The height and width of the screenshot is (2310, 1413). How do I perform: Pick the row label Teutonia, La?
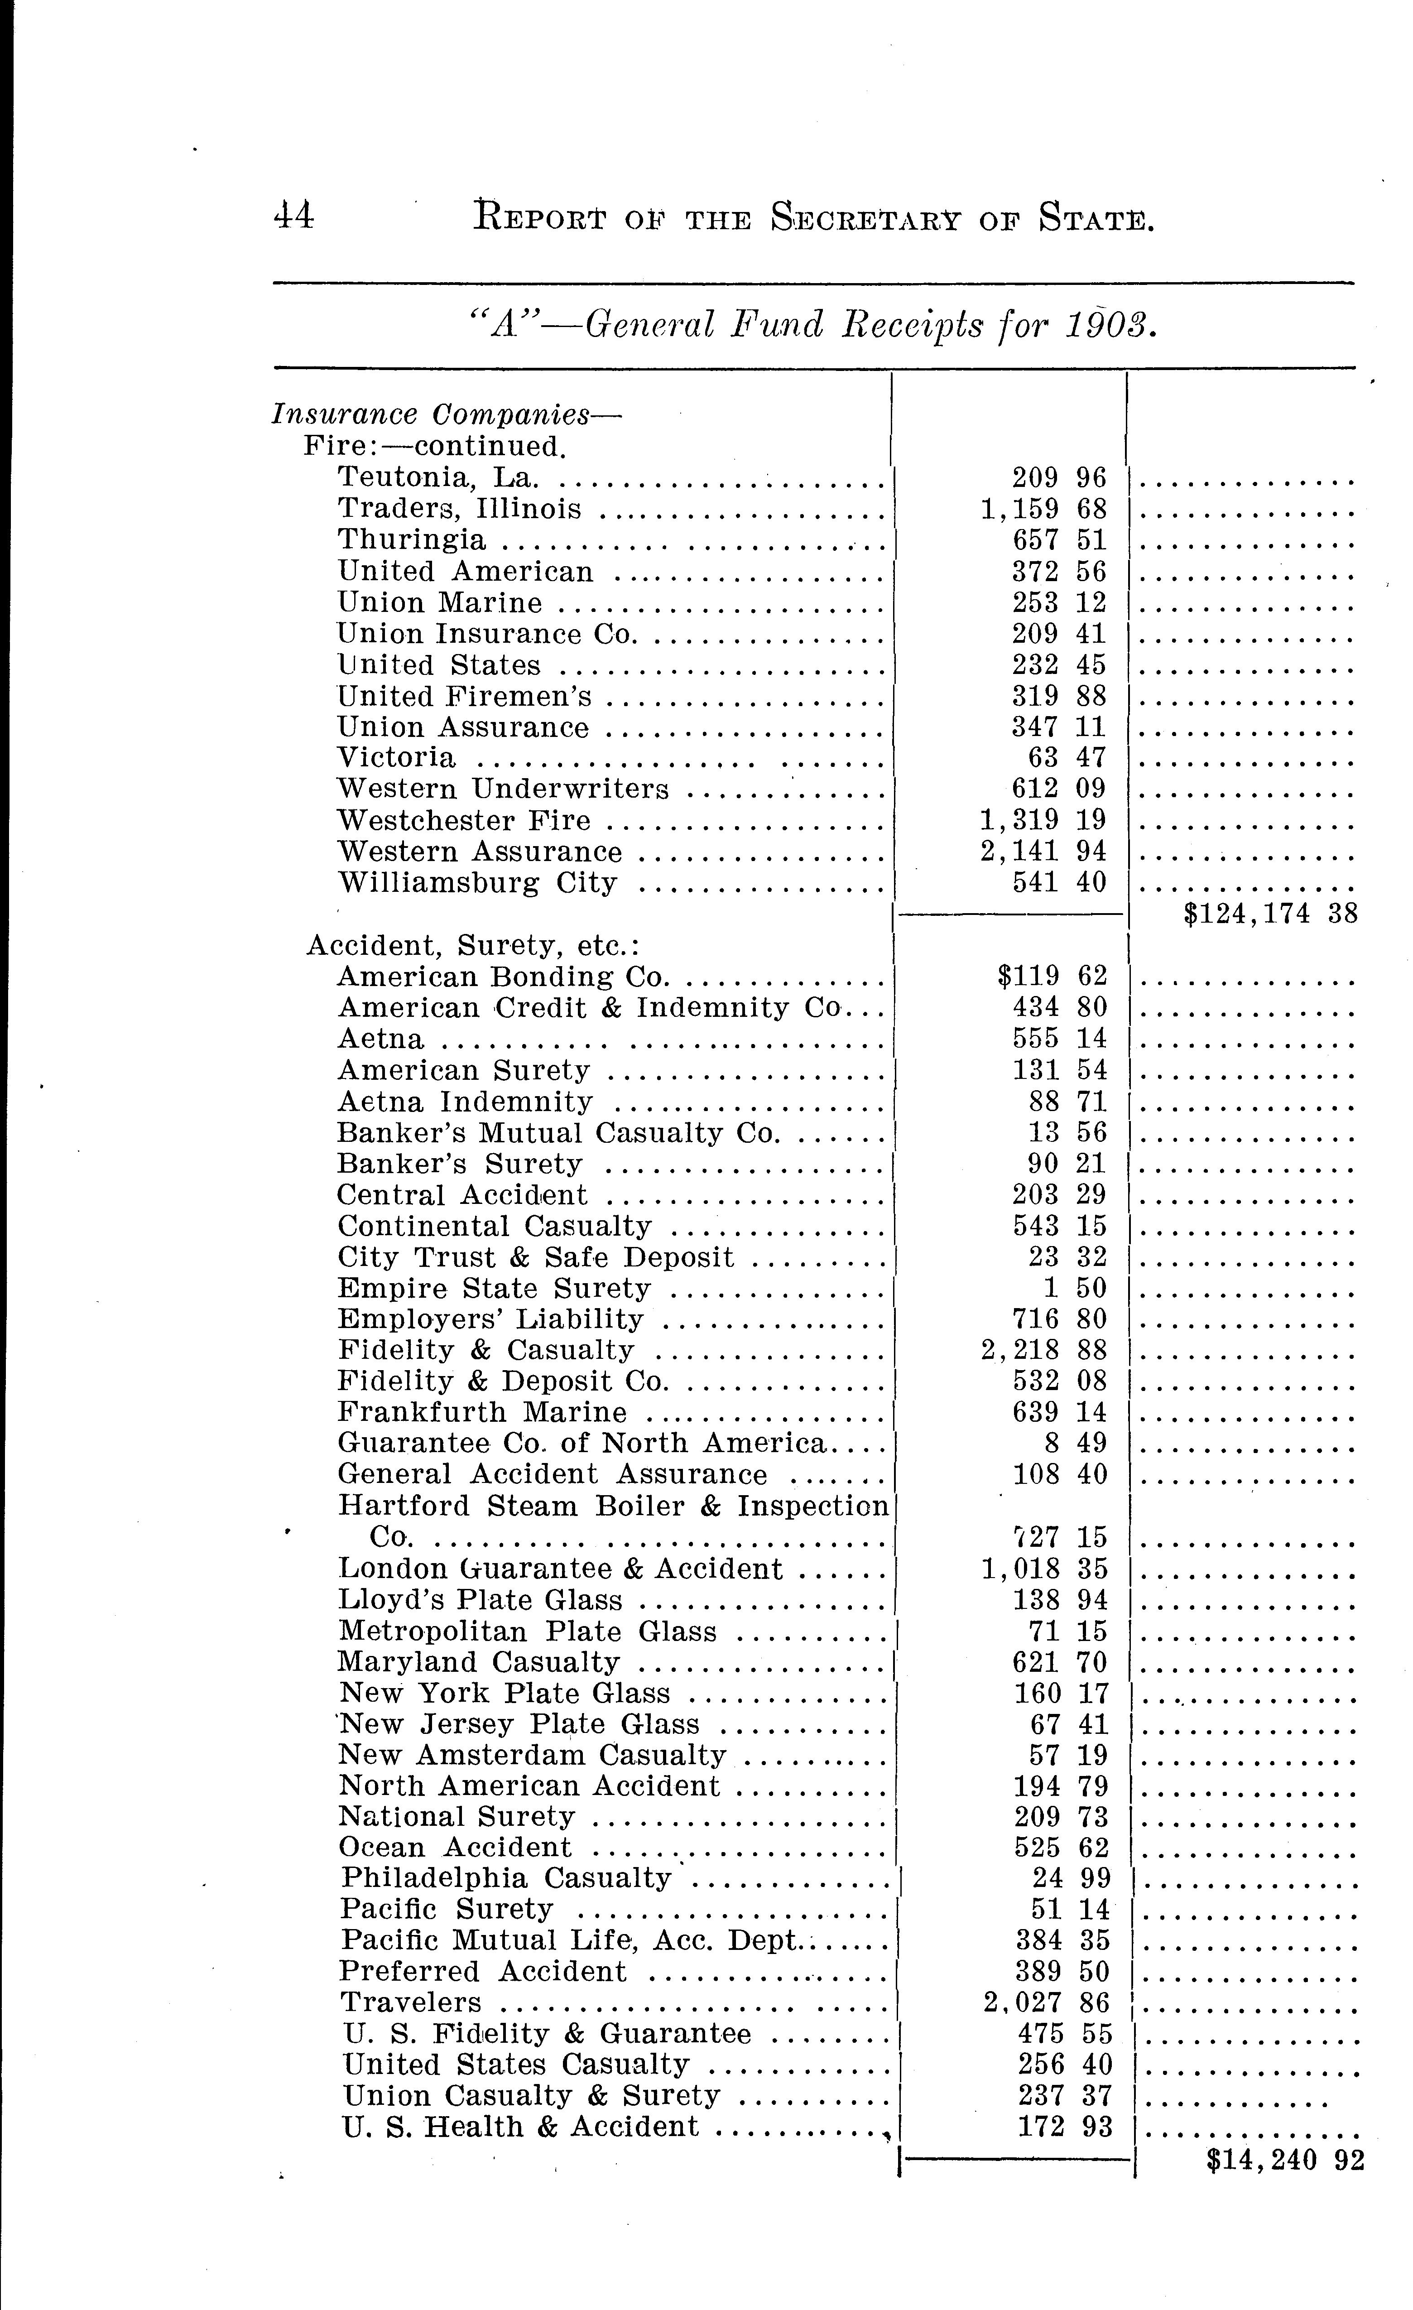point(438,478)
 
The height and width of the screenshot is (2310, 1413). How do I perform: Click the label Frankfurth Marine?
point(482,1412)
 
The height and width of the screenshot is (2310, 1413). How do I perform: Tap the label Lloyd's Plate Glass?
point(480,1599)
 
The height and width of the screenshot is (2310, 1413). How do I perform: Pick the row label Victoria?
point(397,757)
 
